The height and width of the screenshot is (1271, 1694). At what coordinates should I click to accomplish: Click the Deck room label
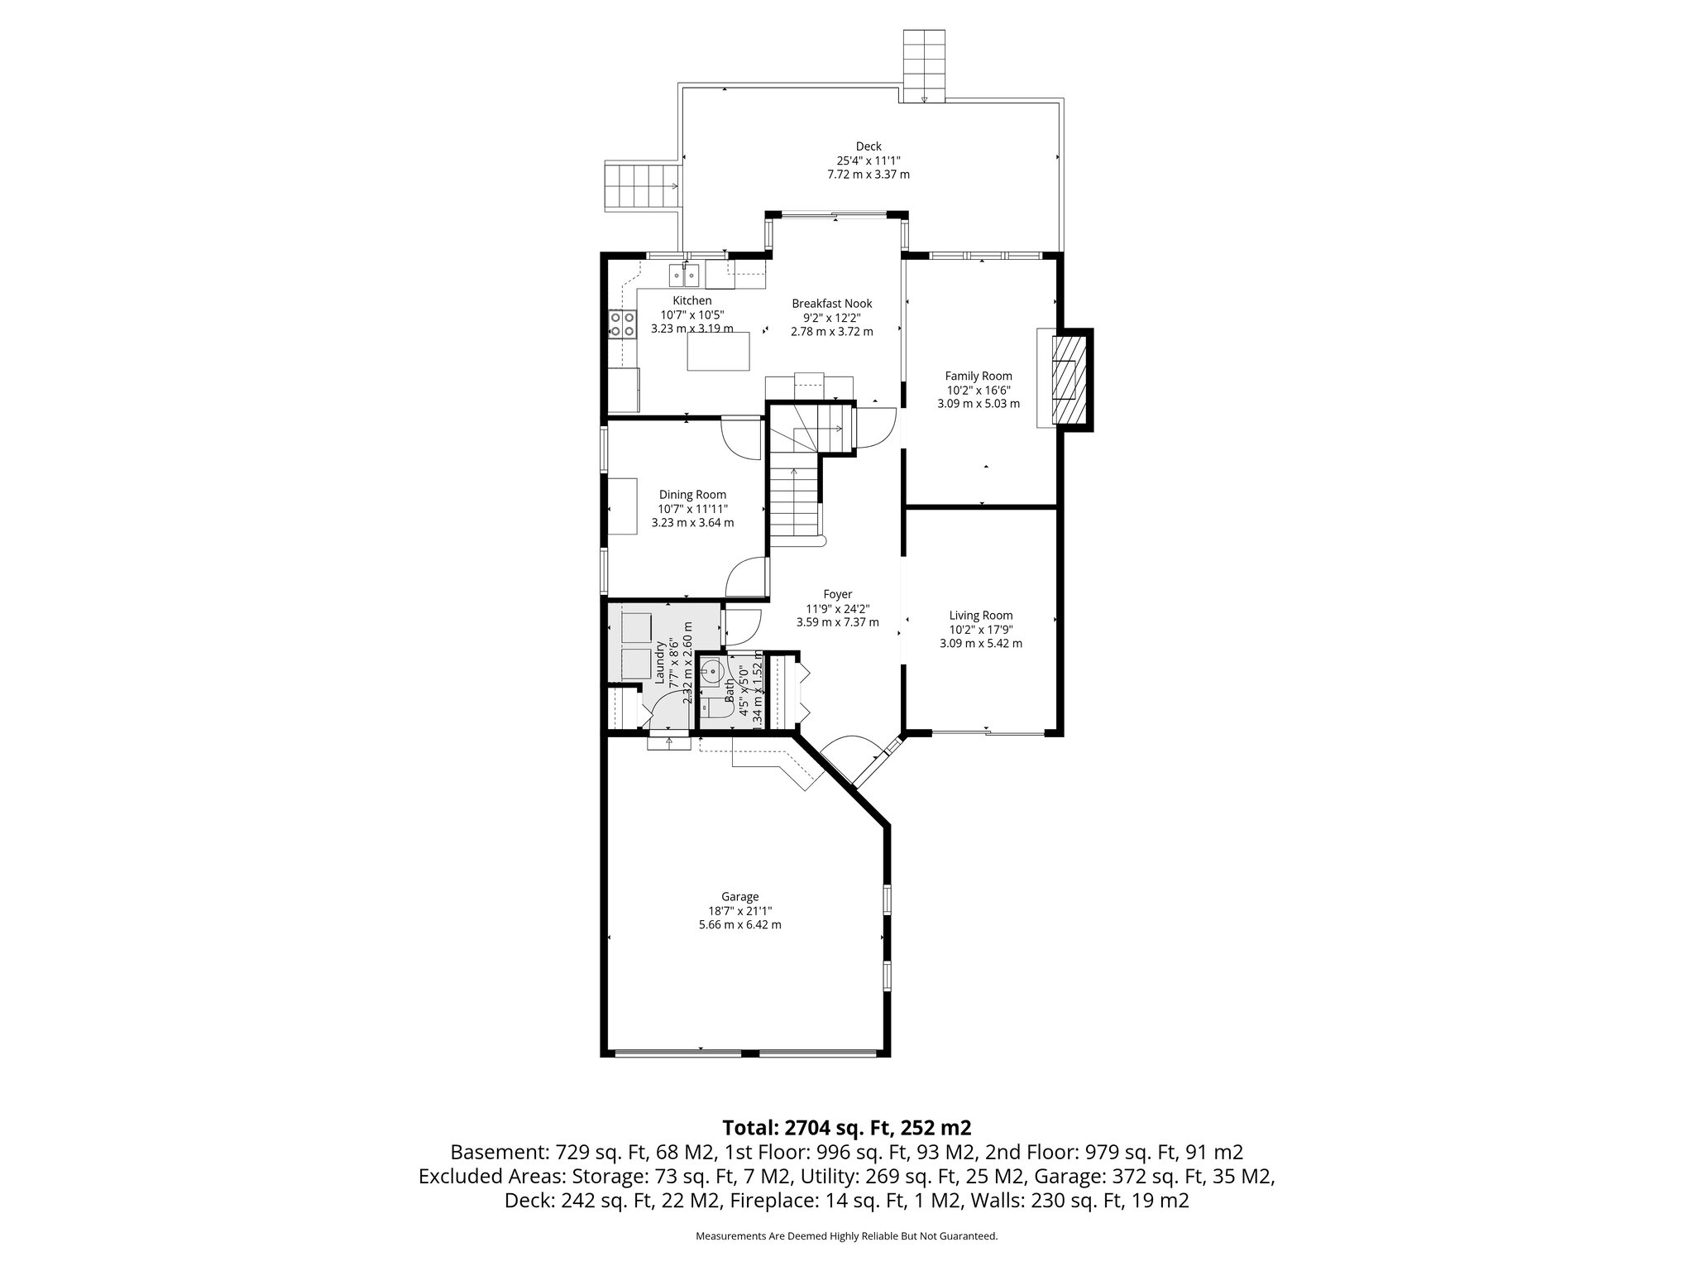click(x=869, y=146)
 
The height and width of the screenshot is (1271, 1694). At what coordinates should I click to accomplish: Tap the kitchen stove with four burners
click(x=623, y=324)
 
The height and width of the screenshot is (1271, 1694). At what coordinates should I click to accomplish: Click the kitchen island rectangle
click(x=719, y=351)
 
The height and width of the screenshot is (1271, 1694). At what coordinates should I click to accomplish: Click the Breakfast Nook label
click(x=831, y=304)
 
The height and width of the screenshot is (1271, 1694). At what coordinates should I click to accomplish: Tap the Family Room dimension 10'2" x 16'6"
click(x=979, y=390)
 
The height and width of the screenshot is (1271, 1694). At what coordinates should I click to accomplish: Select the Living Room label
click(x=980, y=616)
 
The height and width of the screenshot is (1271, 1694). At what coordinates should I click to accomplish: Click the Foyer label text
click(x=837, y=594)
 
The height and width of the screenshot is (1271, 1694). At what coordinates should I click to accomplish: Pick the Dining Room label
click(x=692, y=495)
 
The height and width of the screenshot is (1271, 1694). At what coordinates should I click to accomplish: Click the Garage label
click(x=739, y=897)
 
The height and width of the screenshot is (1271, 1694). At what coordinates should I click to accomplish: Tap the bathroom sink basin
click(x=711, y=673)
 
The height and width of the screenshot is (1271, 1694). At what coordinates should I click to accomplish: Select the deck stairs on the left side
click(x=641, y=186)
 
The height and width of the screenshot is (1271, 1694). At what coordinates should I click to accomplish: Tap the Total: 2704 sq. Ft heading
click(x=846, y=1128)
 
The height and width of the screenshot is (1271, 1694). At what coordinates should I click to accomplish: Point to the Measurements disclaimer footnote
click(x=846, y=1236)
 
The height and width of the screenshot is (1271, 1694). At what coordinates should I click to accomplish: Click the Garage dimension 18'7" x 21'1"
click(x=739, y=911)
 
